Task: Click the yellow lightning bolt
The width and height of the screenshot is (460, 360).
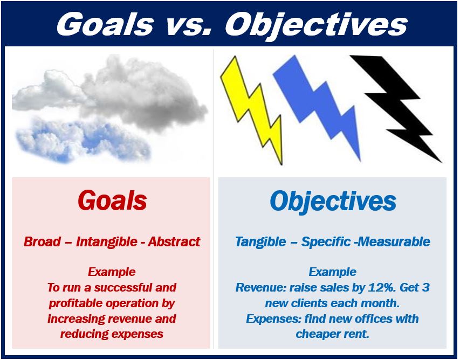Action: pyautogui.click(x=255, y=112)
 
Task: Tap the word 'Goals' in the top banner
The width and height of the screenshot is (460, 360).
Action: pyautogui.click(x=105, y=25)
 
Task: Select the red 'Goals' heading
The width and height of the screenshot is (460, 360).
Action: pyautogui.click(x=112, y=200)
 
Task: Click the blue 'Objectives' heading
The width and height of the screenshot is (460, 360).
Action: pyautogui.click(x=333, y=202)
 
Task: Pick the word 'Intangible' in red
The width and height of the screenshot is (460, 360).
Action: pyautogui.click(x=106, y=242)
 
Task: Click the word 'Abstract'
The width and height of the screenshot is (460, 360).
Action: pyautogui.click(x=174, y=241)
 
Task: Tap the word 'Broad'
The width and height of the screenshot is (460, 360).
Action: pyautogui.click(x=42, y=241)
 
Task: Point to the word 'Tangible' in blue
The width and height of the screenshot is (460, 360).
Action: pyautogui.click(x=260, y=242)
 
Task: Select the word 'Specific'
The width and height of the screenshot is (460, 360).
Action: pyautogui.click(x=326, y=242)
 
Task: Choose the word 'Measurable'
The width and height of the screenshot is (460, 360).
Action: pyautogui.click(x=394, y=241)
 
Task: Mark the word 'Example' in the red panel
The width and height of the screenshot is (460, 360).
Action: pyautogui.click(x=112, y=272)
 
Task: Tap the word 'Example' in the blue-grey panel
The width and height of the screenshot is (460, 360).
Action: pyautogui.click(x=332, y=272)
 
